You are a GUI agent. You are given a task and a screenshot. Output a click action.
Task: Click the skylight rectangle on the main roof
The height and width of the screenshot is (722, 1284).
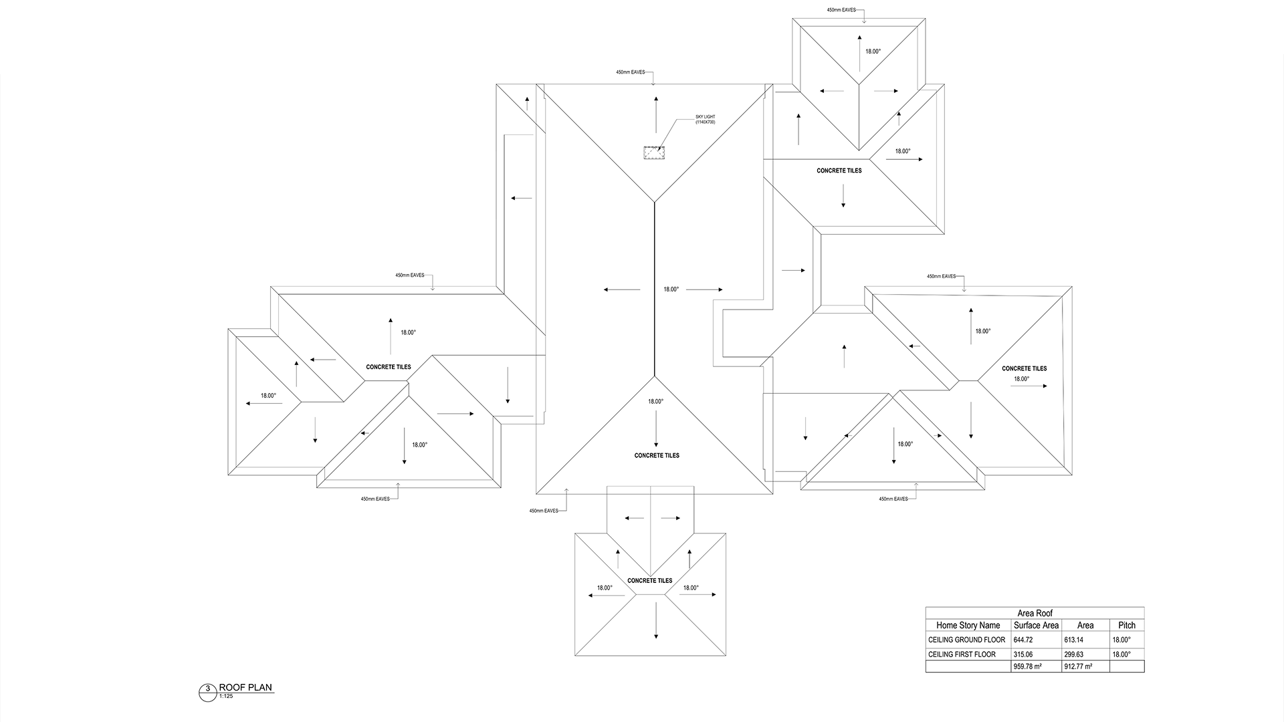pyautogui.click(x=653, y=152)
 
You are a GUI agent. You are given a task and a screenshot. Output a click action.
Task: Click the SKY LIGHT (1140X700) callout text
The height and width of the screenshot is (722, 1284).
pyautogui.click(x=705, y=120)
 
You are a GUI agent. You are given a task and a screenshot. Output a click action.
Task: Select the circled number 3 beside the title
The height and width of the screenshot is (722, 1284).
pyautogui.click(x=208, y=689)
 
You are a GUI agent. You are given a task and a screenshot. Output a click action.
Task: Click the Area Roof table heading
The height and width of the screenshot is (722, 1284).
pyautogui.click(x=1035, y=613)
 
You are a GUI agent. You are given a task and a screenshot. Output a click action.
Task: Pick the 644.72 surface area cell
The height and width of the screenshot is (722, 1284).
pyautogui.click(x=1023, y=640)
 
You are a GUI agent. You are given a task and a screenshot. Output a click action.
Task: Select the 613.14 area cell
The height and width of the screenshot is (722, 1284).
pyautogui.click(x=1073, y=640)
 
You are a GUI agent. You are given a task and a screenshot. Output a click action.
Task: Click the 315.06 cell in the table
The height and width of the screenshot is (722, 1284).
pyautogui.click(x=1023, y=654)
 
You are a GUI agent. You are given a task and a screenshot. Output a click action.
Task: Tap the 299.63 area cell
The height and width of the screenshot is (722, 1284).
pyautogui.click(x=1073, y=654)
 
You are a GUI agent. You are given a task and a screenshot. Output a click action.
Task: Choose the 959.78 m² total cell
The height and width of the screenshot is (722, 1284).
pyautogui.click(x=1027, y=667)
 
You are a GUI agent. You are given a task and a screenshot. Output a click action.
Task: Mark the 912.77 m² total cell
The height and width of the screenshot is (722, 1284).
pyautogui.click(x=1078, y=667)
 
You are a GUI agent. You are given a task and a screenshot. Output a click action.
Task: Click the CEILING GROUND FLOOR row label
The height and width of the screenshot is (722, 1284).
pyautogui.click(x=966, y=640)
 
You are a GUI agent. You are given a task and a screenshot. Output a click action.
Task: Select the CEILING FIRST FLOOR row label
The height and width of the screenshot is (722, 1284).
pyautogui.click(x=962, y=654)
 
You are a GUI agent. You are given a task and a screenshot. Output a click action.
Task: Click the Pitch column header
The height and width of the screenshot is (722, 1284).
pyautogui.click(x=1127, y=625)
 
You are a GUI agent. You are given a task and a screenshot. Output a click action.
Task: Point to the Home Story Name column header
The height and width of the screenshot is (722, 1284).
pyautogui.click(x=968, y=625)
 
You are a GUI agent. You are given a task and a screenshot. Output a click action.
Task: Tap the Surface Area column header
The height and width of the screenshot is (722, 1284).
pyautogui.click(x=1036, y=625)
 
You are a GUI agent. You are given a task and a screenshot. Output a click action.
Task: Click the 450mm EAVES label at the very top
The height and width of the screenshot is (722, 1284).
pyautogui.click(x=841, y=10)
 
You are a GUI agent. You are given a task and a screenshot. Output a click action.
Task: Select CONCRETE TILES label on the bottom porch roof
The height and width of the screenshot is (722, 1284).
pyautogui.click(x=649, y=580)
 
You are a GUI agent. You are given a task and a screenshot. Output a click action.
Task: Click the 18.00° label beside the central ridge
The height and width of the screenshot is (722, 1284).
pyautogui.click(x=671, y=289)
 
